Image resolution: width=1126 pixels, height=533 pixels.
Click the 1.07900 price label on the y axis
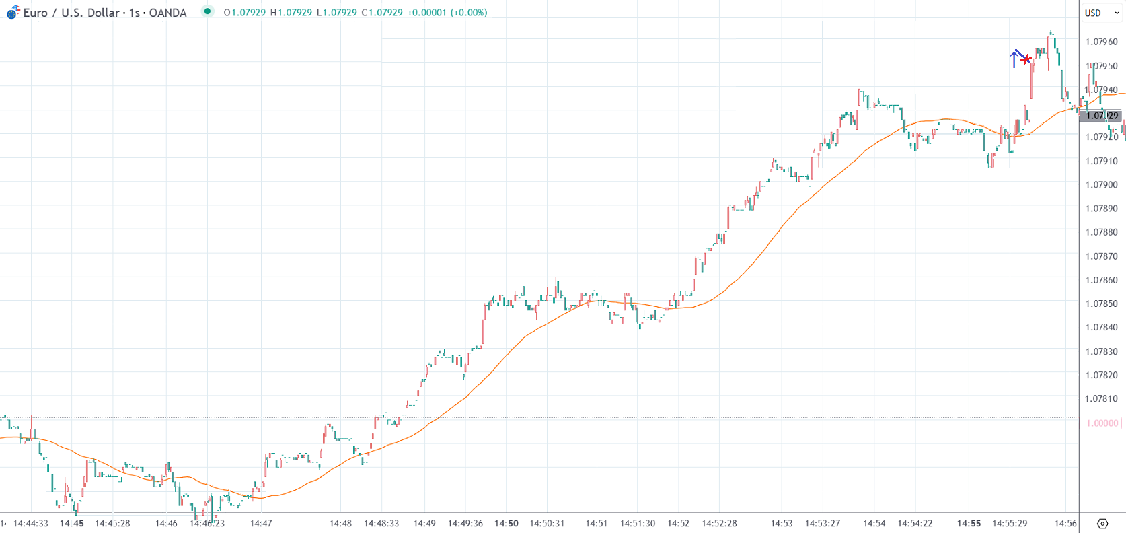(x=1101, y=184)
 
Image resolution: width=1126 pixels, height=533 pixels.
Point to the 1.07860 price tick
(x=1101, y=280)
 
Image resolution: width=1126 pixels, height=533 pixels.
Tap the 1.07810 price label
(x=1101, y=398)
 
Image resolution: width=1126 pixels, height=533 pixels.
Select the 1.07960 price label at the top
(x=1101, y=42)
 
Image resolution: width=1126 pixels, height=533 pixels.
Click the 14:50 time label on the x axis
(x=506, y=523)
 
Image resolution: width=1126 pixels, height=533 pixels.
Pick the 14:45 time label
(x=71, y=523)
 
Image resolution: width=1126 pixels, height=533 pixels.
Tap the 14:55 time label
(x=969, y=523)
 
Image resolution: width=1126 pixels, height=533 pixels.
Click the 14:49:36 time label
(x=465, y=523)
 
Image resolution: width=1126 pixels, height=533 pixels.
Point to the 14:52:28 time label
(x=719, y=523)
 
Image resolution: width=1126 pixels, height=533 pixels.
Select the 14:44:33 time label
(x=31, y=523)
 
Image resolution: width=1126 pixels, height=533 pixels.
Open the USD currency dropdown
(x=1101, y=13)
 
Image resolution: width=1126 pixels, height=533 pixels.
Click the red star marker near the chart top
(x=1026, y=60)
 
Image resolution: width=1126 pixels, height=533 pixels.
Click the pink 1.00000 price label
(x=1102, y=423)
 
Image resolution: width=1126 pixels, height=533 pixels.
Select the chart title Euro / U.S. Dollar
(x=71, y=13)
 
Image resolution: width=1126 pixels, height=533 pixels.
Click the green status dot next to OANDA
(x=207, y=11)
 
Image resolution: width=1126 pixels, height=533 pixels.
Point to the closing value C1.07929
(x=382, y=13)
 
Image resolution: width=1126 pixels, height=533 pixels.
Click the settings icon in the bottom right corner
(x=1102, y=523)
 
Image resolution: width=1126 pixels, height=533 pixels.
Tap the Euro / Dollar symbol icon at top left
(x=13, y=12)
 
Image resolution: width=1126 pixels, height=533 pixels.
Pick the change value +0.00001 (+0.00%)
(x=447, y=13)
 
